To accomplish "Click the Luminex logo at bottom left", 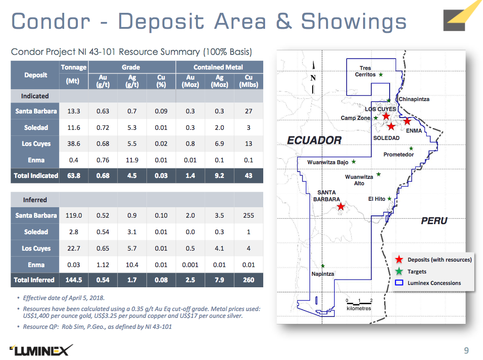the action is [x=41, y=350].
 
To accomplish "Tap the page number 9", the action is [x=467, y=350].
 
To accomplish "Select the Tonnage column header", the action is [x=74, y=67].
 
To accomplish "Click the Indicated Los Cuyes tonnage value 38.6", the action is [x=74, y=144].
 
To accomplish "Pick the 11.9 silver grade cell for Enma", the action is [x=132, y=160].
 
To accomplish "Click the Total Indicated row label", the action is [x=36, y=176].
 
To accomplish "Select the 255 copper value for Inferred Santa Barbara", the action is [x=249, y=215].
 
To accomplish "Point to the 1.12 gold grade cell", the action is [x=103, y=265].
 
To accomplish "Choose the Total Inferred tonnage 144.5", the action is [x=74, y=280].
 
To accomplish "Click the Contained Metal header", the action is [x=218, y=67].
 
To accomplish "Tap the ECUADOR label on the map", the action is [x=314, y=140].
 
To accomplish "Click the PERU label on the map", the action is [x=434, y=221].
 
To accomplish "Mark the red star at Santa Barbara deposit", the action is [x=340, y=206].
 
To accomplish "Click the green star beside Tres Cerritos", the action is [x=381, y=75].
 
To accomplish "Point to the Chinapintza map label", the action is [x=414, y=99].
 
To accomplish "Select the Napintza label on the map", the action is [x=322, y=274].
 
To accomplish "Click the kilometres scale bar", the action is [x=359, y=304].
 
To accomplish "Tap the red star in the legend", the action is [x=399, y=259].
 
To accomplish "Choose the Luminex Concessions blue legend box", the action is [x=399, y=282].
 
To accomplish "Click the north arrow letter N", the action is [x=313, y=78].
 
